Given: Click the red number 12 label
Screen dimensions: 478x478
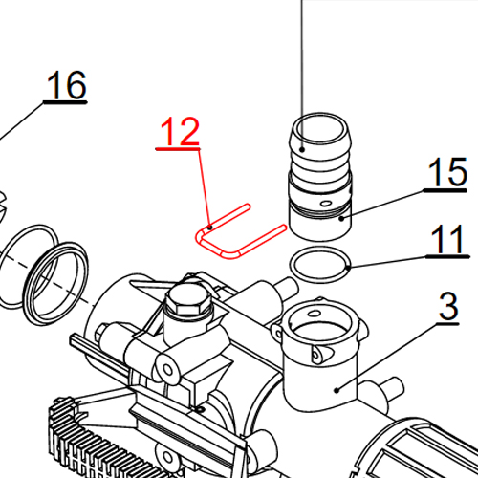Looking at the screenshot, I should tap(179, 131).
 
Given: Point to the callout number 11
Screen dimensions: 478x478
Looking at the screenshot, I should tap(446, 241).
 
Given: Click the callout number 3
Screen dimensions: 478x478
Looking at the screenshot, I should tap(448, 308).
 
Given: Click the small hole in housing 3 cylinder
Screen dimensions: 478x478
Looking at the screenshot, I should tap(318, 356).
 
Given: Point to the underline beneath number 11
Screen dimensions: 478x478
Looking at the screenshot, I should tap(446, 256).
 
